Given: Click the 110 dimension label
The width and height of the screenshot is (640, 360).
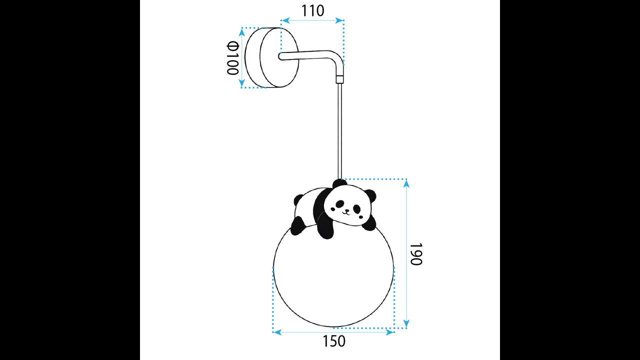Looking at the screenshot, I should coord(313,10).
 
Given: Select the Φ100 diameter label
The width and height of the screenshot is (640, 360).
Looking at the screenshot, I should coord(233,58).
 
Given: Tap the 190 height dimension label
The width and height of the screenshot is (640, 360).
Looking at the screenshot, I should coord(416,254).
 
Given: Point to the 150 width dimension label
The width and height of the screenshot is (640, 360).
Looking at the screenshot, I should coord(334,341).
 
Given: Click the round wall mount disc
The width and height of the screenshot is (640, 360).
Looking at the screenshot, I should coord(278,57).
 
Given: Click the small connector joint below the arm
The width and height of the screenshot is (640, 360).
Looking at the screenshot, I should coord(340,79).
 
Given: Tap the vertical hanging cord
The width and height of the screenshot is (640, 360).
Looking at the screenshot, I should coord(340,130).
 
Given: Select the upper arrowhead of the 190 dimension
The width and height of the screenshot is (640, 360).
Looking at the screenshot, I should coord(406,183).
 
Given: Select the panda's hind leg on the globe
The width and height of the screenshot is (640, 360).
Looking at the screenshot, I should coord(297,226).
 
